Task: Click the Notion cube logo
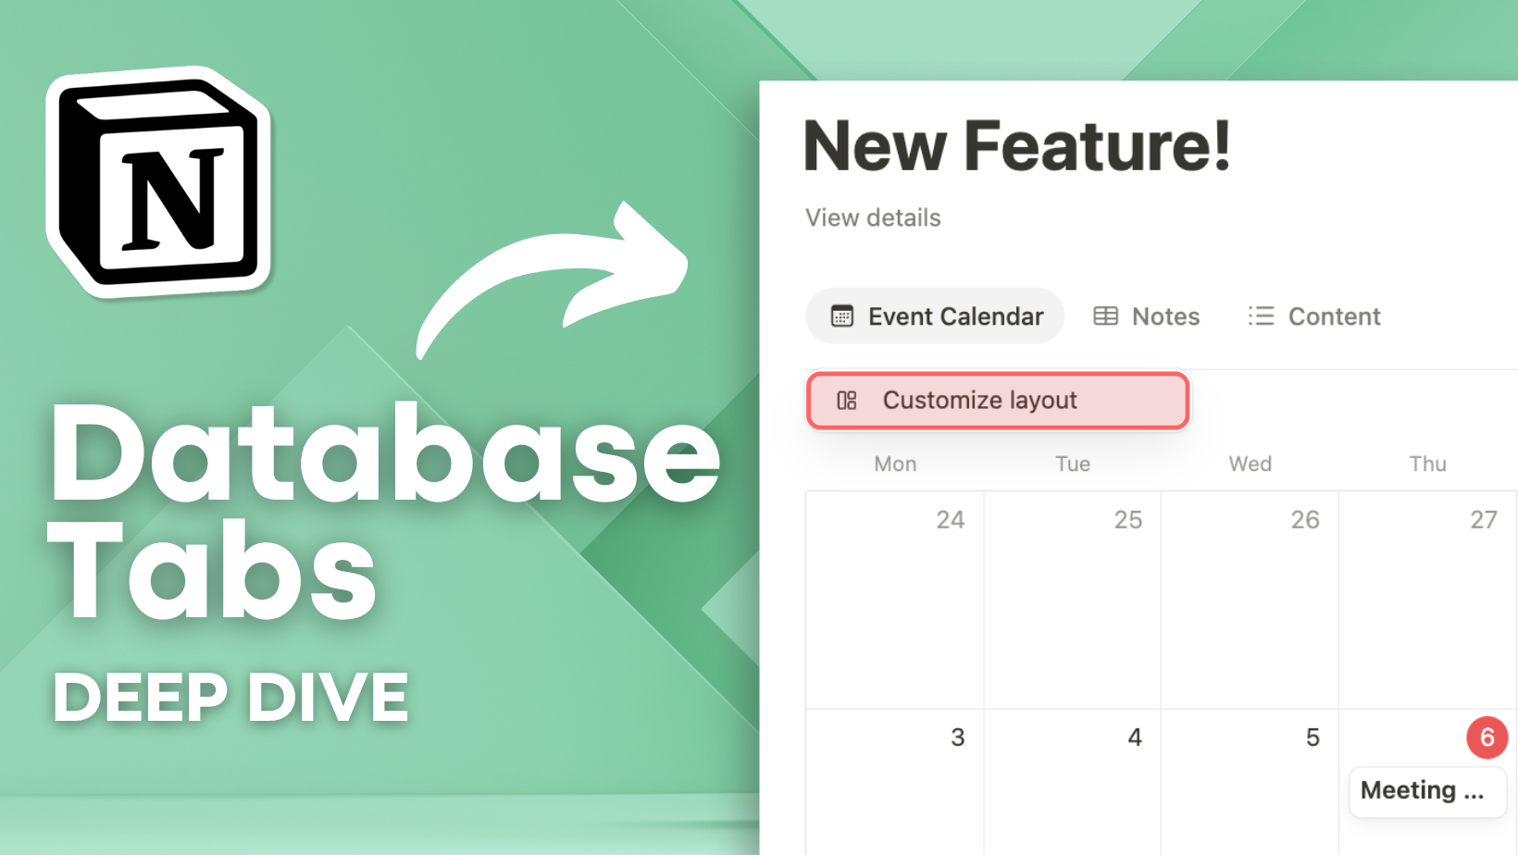159,181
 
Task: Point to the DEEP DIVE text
231,697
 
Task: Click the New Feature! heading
1016,146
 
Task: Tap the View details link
873,217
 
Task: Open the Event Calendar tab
935,316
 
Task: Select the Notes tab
1147,316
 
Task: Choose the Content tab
1314,316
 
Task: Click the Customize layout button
998,401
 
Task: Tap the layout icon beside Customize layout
846,401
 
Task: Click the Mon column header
895,464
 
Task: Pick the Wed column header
1250,464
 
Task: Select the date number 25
1127,520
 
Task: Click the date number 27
1483,520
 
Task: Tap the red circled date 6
1487,737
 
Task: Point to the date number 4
1135,737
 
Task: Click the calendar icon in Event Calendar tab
841,316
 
